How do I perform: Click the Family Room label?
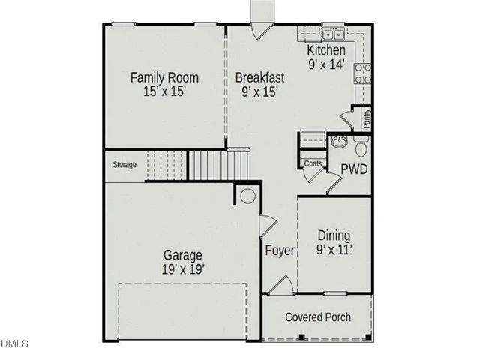coord(164,76)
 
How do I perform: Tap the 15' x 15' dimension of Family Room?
coord(164,91)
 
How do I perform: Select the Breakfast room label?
coord(259,76)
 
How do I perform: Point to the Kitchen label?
coord(326,50)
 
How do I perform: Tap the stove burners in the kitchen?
coord(362,73)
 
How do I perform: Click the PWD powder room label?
coord(354,169)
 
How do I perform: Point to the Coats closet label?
coord(313,163)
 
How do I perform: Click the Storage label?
coord(124,165)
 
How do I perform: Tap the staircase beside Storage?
coord(196,164)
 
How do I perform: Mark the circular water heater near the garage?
coord(247,196)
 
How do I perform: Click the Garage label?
coord(183,255)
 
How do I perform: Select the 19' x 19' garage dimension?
coord(183,268)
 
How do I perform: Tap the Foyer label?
coord(280,250)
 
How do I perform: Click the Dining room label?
coord(334,235)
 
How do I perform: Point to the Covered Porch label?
coord(317,317)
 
